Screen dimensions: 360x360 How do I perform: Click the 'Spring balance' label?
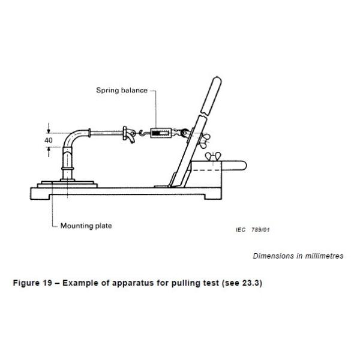point(122,90)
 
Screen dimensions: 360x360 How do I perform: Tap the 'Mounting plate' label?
point(86,226)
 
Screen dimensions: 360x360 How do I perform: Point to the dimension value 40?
point(49,140)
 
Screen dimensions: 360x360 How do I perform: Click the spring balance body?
point(161,133)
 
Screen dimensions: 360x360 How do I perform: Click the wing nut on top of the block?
point(213,156)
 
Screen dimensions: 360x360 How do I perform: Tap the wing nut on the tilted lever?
point(205,140)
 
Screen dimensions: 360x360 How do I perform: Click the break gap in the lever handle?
point(204,114)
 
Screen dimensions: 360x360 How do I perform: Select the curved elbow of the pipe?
point(71,138)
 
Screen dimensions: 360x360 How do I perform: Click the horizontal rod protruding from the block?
point(234,166)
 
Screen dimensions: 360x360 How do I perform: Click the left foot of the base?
point(40,196)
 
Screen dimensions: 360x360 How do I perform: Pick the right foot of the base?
point(213,197)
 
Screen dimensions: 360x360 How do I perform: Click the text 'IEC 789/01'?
point(253,230)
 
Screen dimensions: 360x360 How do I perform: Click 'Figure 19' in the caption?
point(32,283)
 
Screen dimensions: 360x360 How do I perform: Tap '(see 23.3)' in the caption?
point(242,283)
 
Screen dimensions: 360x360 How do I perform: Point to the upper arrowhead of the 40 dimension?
point(49,131)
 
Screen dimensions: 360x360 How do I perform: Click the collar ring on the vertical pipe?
point(67,169)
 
